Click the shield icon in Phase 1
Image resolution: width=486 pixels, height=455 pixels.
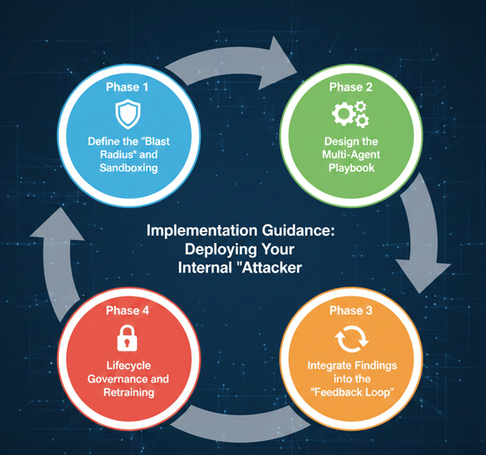pos(128,114)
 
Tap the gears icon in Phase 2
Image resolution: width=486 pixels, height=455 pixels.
pos(350,114)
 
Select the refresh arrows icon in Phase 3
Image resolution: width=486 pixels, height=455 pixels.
pos(352,339)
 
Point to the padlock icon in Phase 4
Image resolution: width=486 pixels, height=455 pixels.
pos(127,338)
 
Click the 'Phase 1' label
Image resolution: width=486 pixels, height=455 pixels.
pos(127,88)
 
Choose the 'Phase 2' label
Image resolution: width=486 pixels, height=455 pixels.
pos(351,88)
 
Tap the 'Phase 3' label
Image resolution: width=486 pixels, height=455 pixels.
pos(351,310)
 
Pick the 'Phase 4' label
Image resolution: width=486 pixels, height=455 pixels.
pos(127,310)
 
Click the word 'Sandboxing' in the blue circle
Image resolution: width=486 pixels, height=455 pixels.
pos(129,168)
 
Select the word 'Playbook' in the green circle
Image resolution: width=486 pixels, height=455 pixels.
pos(352,168)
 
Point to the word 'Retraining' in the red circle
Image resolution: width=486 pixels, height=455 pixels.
pos(129,392)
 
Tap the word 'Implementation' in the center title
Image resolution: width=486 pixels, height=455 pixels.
pos(202,230)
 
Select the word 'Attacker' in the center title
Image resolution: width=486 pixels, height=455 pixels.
pos(271,268)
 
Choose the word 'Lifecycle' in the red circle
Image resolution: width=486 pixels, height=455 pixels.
pos(129,366)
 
